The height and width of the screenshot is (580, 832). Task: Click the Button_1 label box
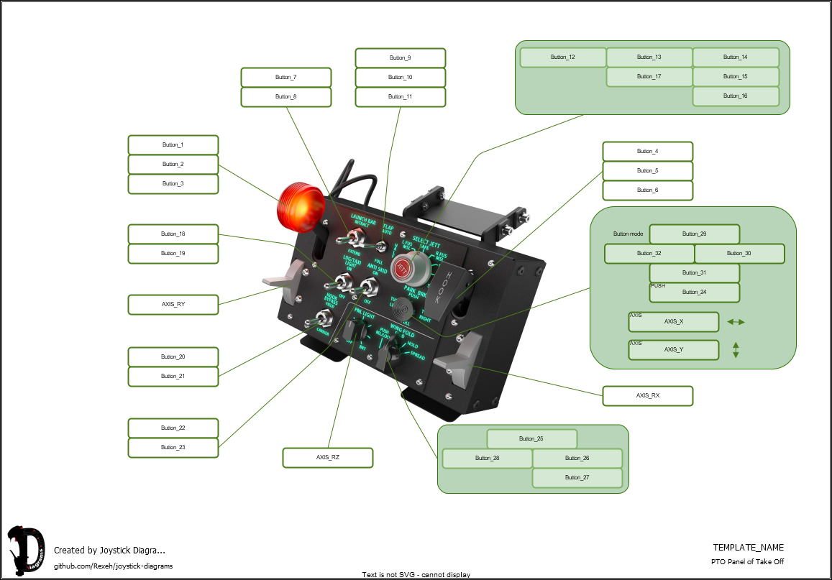(x=173, y=144)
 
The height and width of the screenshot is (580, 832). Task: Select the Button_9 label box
(x=400, y=57)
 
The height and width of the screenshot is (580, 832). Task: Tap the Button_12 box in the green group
(x=562, y=57)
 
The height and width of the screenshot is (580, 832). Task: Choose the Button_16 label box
(x=735, y=96)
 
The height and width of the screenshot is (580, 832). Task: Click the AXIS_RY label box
(x=173, y=304)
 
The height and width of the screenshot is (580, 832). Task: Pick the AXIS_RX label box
(x=647, y=395)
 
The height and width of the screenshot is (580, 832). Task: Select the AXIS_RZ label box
(x=327, y=457)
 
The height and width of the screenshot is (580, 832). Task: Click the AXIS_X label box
(x=674, y=322)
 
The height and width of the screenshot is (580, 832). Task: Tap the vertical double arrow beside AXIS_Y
(x=736, y=350)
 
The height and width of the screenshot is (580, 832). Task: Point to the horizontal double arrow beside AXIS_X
(x=736, y=322)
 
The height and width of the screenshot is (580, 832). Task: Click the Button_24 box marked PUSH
(x=694, y=293)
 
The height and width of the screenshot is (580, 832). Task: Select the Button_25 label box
(x=531, y=438)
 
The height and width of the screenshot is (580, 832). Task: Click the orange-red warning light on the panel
(x=300, y=204)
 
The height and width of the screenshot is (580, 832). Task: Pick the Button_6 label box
(x=647, y=190)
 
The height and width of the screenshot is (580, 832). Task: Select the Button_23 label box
(x=173, y=447)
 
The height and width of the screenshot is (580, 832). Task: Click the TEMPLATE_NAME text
(x=748, y=548)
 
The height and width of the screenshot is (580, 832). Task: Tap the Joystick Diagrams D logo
(x=25, y=551)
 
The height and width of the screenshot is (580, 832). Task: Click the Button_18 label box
(x=173, y=234)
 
